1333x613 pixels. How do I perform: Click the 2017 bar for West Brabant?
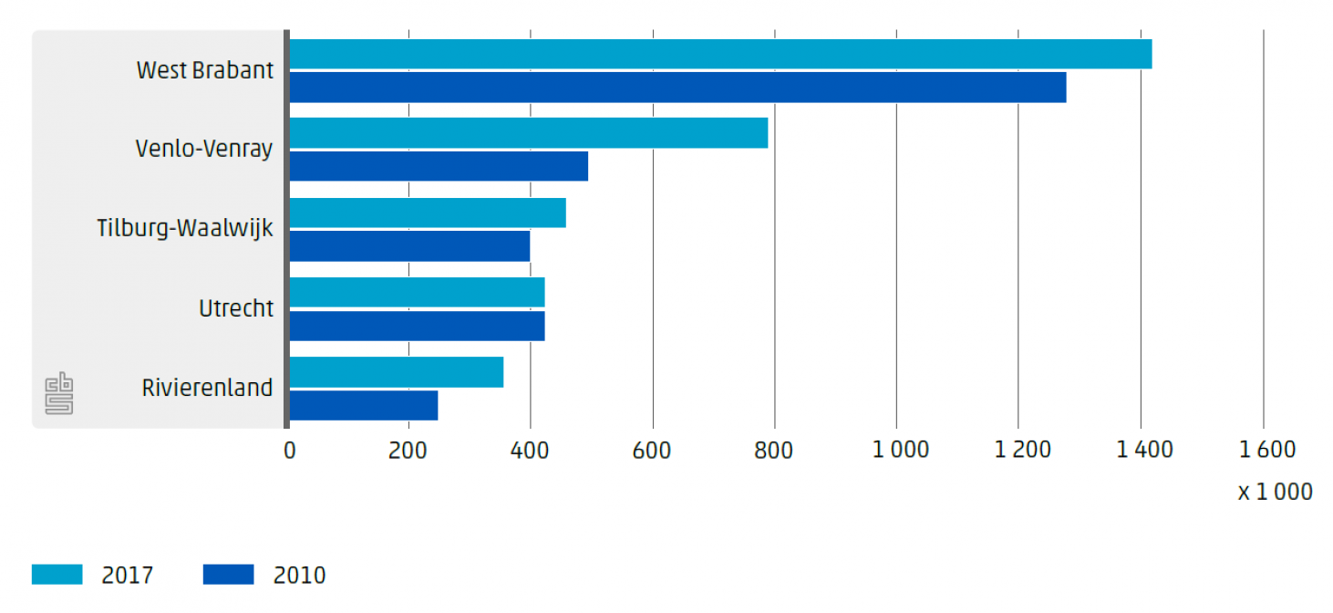[x=720, y=54]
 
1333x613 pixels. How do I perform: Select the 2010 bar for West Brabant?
[x=677, y=88]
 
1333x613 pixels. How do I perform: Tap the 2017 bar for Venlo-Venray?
[x=529, y=133]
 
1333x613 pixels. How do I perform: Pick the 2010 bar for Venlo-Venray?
[x=439, y=166]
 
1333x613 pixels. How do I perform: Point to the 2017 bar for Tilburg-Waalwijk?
[x=428, y=213]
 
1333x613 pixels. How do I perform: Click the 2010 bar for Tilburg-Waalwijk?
[x=409, y=246]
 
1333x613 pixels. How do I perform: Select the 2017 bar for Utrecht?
[x=417, y=293]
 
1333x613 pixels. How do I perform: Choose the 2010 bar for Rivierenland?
[x=364, y=406]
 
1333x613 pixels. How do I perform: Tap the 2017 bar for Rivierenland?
[x=397, y=372]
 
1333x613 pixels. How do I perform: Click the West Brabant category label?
[x=205, y=70]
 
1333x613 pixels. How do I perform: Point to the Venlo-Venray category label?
[x=204, y=149]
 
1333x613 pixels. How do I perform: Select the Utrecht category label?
[x=236, y=309]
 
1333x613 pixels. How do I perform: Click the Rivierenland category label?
[x=208, y=389]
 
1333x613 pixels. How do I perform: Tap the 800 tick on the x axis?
[x=775, y=450]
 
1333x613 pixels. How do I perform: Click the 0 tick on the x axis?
[x=290, y=450]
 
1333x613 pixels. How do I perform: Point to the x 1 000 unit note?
[x=1275, y=493]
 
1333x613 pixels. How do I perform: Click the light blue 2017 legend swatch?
[x=57, y=575]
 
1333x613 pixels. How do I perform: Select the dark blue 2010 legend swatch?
[x=228, y=575]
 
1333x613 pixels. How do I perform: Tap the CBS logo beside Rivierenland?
[x=59, y=393]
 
